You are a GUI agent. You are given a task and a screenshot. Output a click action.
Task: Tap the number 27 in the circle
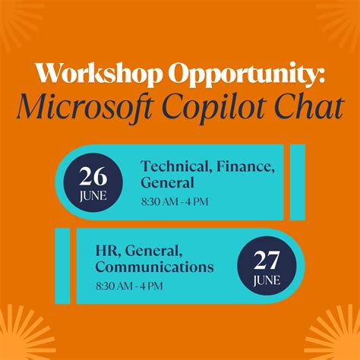(267, 261)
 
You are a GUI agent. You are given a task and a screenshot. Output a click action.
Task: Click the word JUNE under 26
(92, 196)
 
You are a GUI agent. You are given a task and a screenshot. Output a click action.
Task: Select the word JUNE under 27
(267, 280)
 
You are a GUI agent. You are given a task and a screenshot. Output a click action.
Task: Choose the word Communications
(154, 267)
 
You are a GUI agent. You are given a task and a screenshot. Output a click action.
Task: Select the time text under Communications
(129, 286)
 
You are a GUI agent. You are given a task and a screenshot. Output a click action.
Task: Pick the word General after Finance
(167, 183)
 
